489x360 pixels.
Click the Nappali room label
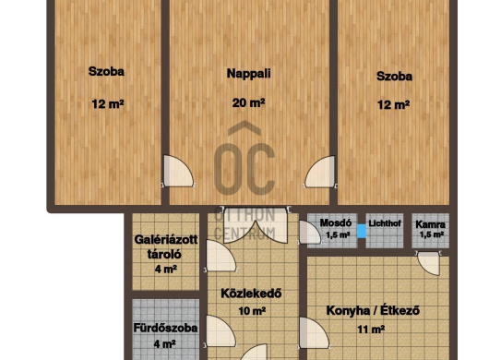click(x=248, y=74)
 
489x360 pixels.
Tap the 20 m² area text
click(x=248, y=102)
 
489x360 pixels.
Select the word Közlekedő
click(x=251, y=294)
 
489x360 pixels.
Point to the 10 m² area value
click(x=252, y=311)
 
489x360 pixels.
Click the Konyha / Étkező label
click(x=373, y=311)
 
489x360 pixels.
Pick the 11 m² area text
click(x=371, y=330)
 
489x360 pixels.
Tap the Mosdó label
click(x=336, y=222)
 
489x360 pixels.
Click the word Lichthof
click(x=385, y=223)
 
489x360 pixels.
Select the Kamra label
click(x=430, y=224)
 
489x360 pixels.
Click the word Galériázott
click(x=166, y=240)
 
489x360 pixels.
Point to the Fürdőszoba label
click(x=165, y=329)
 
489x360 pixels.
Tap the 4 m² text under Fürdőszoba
click(x=164, y=343)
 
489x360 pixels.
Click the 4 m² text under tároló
click(x=166, y=269)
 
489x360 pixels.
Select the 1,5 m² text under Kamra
click(x=432, y=234)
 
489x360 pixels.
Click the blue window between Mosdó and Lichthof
click(x=362, y=231)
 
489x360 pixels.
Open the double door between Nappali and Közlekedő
click(x=255, y=225)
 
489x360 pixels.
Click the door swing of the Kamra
click(x=428, y=263)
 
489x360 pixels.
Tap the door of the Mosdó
click(x=309, y=233)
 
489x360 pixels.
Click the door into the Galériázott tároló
click(x=221, y=256)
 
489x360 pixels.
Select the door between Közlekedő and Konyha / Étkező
click(x=313, y=332)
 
